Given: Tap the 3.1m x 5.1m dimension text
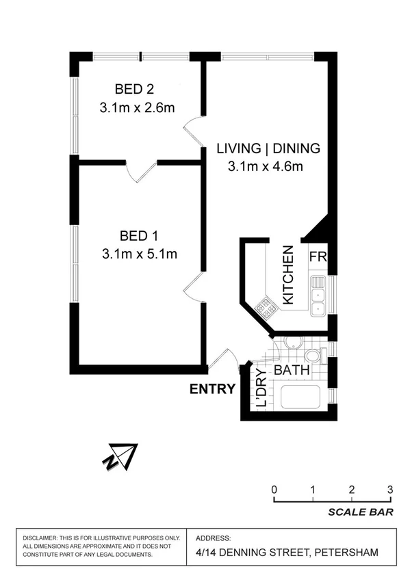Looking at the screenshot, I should pos(140,254).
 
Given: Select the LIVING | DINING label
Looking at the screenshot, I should pos(259,148).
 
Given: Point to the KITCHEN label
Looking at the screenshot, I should pos(288,275).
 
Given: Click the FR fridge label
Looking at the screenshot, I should pos(318,257).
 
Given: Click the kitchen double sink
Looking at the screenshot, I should pos(318,294).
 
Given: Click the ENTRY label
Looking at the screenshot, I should pos(212,389).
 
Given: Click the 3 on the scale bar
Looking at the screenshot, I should pos(389,490).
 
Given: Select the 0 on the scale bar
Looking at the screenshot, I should pos(274,490).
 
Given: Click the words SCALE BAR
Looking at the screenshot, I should pos(360,512).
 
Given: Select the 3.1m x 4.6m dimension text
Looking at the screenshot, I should pos(265,166).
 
